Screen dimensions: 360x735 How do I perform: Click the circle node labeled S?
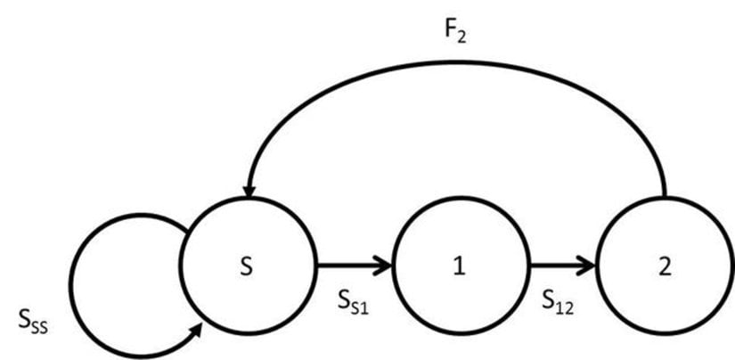248,266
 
